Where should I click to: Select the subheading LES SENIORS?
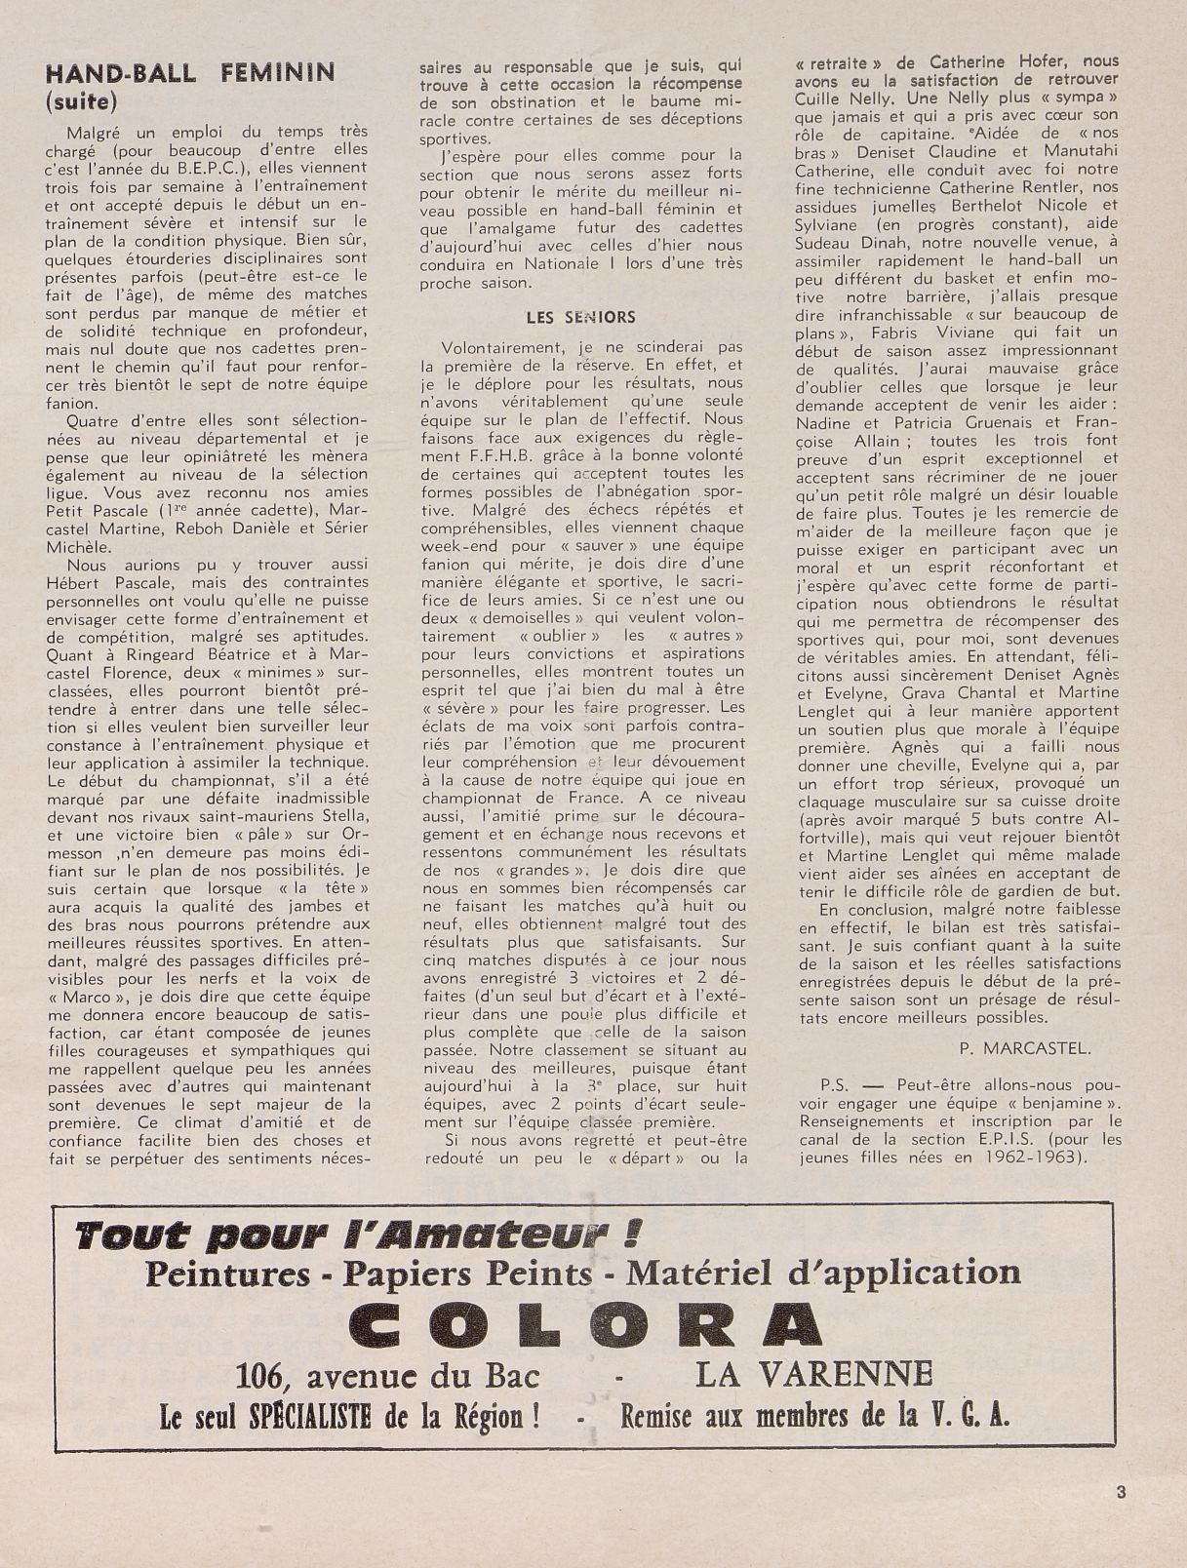[580, 317]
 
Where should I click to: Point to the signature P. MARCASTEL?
[1024, 1049]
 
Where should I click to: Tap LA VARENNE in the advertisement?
[813, 1374]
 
